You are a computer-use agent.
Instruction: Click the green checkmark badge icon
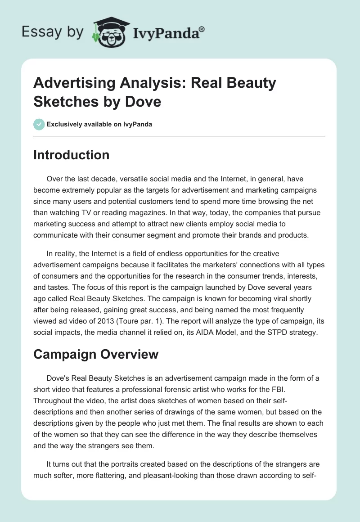pos(39,124)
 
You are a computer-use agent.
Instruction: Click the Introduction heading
pos(72,155)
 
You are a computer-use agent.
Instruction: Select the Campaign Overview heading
pos(96,354)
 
